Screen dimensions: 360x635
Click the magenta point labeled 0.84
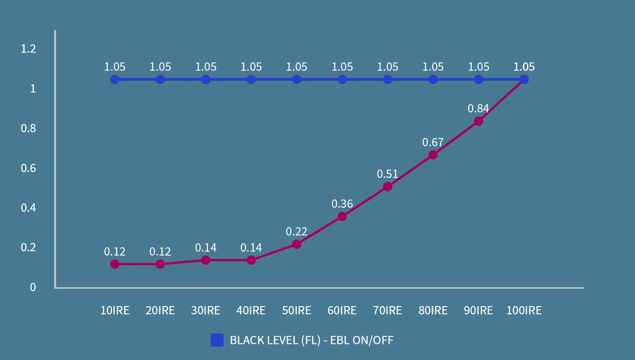click(478, 121)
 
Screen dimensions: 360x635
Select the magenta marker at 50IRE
click(297, 244)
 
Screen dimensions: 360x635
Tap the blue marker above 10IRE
click(115, 79)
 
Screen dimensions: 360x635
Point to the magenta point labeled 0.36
click(342, 217)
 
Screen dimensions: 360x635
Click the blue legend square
click(217, 340)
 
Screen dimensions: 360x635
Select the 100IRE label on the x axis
click(524, 310)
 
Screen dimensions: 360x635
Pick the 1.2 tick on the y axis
click(28, 49)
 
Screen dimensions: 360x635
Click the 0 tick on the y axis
click(33, 287)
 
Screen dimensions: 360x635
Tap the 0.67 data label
click(433, 142)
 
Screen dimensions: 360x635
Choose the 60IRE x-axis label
click(342, 310)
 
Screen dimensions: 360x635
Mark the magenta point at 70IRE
click(387, 187)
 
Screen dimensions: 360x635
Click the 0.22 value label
click(296, 231)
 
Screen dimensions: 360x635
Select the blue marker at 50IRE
click(297, 79)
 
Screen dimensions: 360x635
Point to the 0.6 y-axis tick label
click(28, 168)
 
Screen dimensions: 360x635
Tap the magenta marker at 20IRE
click(160, 264)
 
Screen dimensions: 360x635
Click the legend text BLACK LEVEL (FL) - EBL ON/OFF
click(311, 340)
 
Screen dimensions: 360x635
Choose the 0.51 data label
click(387, 174)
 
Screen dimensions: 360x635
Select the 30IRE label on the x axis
click(206, 310)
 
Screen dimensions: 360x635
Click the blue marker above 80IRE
click(433, 79)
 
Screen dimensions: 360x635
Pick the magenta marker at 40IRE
click(251, 260)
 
